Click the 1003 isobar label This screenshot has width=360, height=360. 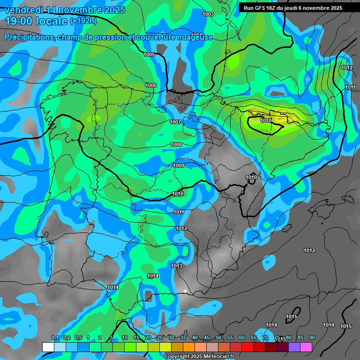click(208, 14)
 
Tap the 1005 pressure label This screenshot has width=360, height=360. click(149, 55)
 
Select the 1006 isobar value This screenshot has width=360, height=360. click(151, 85)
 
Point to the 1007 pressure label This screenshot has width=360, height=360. click(175, 122)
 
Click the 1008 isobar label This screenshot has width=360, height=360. click(176, 144)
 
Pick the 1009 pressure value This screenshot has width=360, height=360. click(179, 165)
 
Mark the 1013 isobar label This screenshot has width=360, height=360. click(177, 266)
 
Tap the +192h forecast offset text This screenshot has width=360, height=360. click(83, 21)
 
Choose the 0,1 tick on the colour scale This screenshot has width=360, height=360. click(54, 337)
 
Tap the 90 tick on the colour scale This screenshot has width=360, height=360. click(312, 337)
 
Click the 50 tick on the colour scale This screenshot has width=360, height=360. click(218, 337)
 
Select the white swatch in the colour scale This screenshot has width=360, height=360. click(48, 346)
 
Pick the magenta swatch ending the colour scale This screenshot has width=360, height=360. click(306, 346)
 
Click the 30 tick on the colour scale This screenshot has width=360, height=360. click(172, 337)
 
